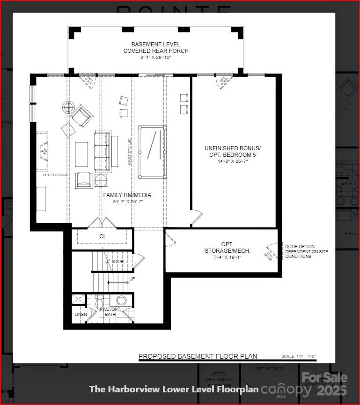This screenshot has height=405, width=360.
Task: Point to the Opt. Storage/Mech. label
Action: (x=227, y=248)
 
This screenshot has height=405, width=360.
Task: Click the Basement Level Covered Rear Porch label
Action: (x=156, y=47)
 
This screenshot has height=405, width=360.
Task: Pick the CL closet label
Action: (x=103, y=236)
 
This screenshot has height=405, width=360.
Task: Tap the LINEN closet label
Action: (x=81, y=314)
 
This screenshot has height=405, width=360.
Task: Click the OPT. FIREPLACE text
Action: (x=55, y=175)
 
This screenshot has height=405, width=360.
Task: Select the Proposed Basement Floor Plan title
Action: (x=198, y=356)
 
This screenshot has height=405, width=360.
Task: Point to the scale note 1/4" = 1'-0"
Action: (x=299, y=357)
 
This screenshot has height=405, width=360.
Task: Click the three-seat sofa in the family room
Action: (x=103, y=151)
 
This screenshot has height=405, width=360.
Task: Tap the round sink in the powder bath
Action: (x=122, y=301)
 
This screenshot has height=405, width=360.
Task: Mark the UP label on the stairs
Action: (x=132, y=279)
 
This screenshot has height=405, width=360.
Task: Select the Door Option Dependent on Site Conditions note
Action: (x=306, y=251)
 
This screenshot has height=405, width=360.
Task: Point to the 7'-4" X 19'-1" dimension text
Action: (x=227, y=257)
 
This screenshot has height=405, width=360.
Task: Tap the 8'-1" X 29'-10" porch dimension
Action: (x=156, y=58)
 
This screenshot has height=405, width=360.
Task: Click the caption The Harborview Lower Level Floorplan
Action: (x=174, y=389)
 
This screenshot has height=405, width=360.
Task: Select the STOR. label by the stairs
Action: (x=118, y=261)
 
